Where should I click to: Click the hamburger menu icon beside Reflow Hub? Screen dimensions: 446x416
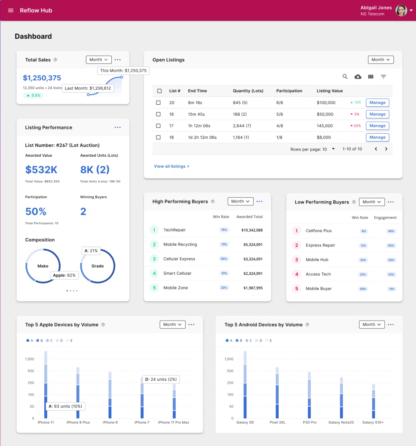point(11,10)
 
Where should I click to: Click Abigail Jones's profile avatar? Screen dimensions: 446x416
point(401,10)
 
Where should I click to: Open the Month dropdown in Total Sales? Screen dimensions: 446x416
point(99,60)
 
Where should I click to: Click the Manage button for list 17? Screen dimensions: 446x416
point(377,126)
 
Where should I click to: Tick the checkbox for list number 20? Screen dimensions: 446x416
point(159,103)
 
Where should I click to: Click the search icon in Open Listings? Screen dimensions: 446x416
point(345,77)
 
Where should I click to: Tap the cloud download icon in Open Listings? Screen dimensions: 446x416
point(358,77)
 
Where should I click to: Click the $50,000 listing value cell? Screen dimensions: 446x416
point(325,114)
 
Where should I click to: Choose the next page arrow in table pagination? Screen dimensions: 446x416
point(386,149)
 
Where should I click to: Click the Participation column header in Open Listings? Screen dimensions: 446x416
point(289,91)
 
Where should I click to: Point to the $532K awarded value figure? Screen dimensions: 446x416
point(41,170)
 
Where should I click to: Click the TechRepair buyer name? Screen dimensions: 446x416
point(174,230)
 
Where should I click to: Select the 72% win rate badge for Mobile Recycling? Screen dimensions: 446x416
point(224,244)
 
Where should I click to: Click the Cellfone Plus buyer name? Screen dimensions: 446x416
point(318,231)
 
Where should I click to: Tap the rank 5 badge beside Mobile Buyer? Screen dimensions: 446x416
point(297,289)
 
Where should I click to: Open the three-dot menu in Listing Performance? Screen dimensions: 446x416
point(118,127)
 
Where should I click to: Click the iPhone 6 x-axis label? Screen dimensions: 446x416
point(110,423)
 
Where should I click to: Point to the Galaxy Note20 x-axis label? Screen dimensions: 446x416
point(341,423)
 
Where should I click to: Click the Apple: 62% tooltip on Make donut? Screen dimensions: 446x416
point(64,275)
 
